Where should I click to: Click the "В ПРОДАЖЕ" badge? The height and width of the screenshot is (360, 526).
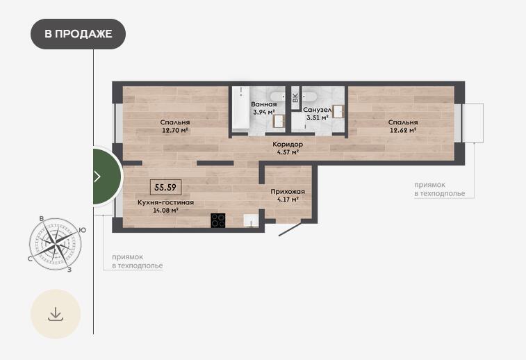coord(78,34)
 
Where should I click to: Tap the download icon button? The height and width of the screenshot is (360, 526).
coord(56,314)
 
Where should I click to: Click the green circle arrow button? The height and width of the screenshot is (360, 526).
coord(107,176)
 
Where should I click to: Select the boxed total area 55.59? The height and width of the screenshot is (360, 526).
coord(165,187)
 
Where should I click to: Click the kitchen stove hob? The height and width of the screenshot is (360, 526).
coord(218,220)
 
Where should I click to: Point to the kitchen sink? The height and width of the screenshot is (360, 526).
coord(251,220)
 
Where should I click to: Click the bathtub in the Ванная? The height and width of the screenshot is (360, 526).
coord(241,109)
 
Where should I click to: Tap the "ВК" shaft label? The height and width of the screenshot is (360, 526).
coord(295,97)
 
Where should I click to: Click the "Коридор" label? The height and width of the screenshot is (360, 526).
coord(288,145)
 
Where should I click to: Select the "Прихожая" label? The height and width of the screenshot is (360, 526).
coord(288,192)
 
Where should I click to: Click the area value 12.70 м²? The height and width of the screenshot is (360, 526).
coord(175,130)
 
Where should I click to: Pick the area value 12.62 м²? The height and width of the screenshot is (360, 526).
coord(403,130)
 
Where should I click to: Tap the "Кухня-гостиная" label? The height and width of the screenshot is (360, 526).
coord(165,203)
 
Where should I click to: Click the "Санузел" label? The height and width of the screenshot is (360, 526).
coord(318,110)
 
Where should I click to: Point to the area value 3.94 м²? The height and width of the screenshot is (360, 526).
coord(264,112)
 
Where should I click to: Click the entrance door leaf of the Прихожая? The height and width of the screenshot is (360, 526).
coord(290,229)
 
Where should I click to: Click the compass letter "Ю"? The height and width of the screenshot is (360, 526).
coord(82,230)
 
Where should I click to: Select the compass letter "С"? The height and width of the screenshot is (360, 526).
coord(30,259)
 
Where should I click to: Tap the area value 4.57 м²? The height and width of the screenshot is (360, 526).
coord(288,152)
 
